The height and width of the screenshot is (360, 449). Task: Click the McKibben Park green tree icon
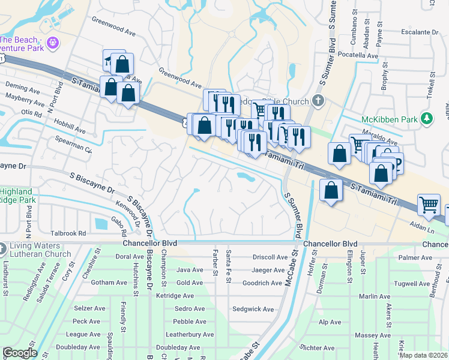427,118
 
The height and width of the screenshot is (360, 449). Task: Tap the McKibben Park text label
389,119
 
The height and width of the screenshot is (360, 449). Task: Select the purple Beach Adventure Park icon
52,43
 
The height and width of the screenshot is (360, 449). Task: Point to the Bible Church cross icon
318,101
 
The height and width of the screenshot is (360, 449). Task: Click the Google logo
19,352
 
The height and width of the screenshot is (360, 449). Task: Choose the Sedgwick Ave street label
253,310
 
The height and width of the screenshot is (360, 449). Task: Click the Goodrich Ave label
262,283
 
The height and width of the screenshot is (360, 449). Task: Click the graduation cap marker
110,59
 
